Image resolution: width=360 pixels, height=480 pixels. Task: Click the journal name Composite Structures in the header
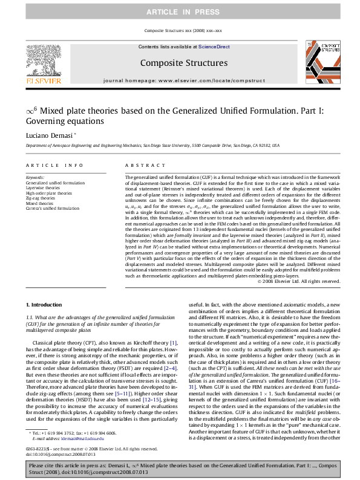(184, 63)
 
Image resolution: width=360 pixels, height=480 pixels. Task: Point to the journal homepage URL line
(184, 80)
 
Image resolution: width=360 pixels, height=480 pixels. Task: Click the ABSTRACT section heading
(141, 165)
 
